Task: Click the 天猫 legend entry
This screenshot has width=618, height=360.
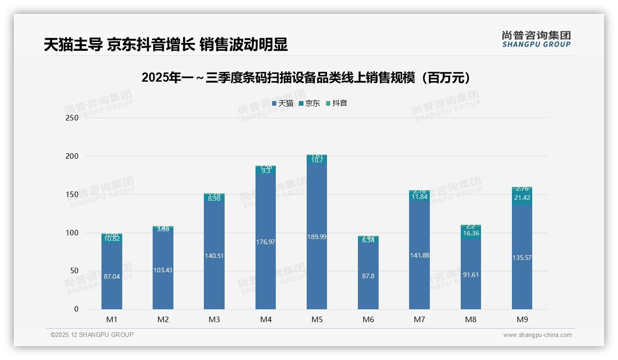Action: click(283, 103)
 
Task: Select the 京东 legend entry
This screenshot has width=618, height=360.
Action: click(309, 103)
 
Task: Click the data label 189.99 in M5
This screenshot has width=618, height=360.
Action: click(317, 237)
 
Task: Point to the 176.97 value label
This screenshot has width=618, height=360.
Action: click(265, 242)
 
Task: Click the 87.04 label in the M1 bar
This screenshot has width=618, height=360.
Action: click(112, 276)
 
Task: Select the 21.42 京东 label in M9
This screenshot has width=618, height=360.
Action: click(522, 198)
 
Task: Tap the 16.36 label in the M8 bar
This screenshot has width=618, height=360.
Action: click(470, 234)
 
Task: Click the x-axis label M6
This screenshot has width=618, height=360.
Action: click(368, 319)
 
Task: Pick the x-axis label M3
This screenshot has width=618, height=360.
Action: click(214, 319)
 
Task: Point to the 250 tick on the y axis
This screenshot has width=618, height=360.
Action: click(72, 118)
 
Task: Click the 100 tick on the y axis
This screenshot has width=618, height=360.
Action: click(72, 233)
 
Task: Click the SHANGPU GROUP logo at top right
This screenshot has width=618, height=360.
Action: click(536, 39)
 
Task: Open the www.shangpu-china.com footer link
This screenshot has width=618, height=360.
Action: click(537, 335)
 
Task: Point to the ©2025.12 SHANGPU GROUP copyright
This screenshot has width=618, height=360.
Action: click(92, 335)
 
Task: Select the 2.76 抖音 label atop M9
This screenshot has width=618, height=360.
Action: click(522, 189)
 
